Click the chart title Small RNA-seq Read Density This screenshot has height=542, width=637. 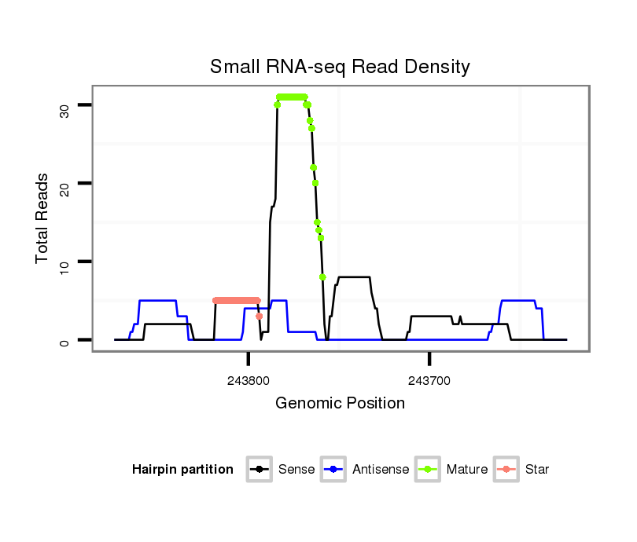point(340,67)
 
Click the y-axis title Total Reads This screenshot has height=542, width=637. point(43,218)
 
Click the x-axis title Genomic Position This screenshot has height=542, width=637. point(340,404)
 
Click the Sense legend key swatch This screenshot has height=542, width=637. point(260,470)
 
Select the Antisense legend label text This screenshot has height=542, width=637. point(381,470)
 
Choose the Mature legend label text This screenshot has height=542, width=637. point(466,470)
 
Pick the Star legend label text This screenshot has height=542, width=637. point(537,470)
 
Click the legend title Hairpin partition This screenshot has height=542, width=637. point(182,470)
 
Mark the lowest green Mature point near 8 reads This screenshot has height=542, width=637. point(322,276)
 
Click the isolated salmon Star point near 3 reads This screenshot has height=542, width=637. point(260,316)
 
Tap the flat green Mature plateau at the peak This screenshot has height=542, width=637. point(292,97)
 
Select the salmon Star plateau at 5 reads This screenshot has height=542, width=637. point(236,300)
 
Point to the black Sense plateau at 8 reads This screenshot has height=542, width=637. point(353,276)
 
